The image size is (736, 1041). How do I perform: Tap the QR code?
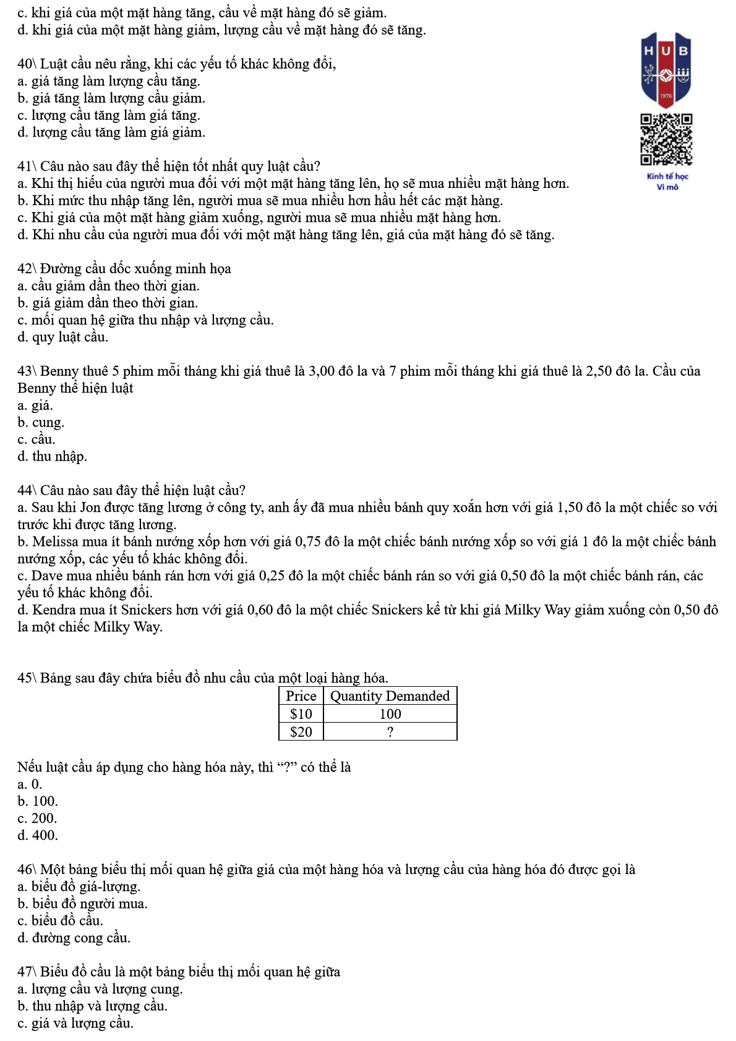pyautogui.click(x=665, y=140)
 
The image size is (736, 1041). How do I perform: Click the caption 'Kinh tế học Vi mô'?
pyautogui.click(x=667, y=182)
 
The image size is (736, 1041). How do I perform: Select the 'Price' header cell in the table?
pyautogui.click(x=301, y=696)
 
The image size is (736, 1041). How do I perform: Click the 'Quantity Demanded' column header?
pyautogui.click(x=390, y=696)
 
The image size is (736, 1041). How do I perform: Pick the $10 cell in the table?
pyautogui.click(x=301, y=714)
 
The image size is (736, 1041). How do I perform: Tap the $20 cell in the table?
pyautogui.click(x=301, y=732)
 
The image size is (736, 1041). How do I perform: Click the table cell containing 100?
pyautogui.click(x=390, y=714)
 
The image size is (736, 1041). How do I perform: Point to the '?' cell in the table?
pyautogui.click(x=390, y=732)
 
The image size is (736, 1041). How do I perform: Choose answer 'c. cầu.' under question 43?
pyautogui.click(x=36, y=440)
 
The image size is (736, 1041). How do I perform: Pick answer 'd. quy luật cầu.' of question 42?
pyautogui.click(x=62, y=337)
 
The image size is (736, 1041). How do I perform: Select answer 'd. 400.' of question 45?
pyautogui.click(x=38, y=836)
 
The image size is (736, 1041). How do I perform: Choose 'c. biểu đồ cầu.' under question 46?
pyautogui.click(x=60, y=921)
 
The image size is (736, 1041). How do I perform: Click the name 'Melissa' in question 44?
pyautogui.click(x=55, y=542)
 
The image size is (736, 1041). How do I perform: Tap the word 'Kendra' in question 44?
pyautogui.click(x=53, y=610)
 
